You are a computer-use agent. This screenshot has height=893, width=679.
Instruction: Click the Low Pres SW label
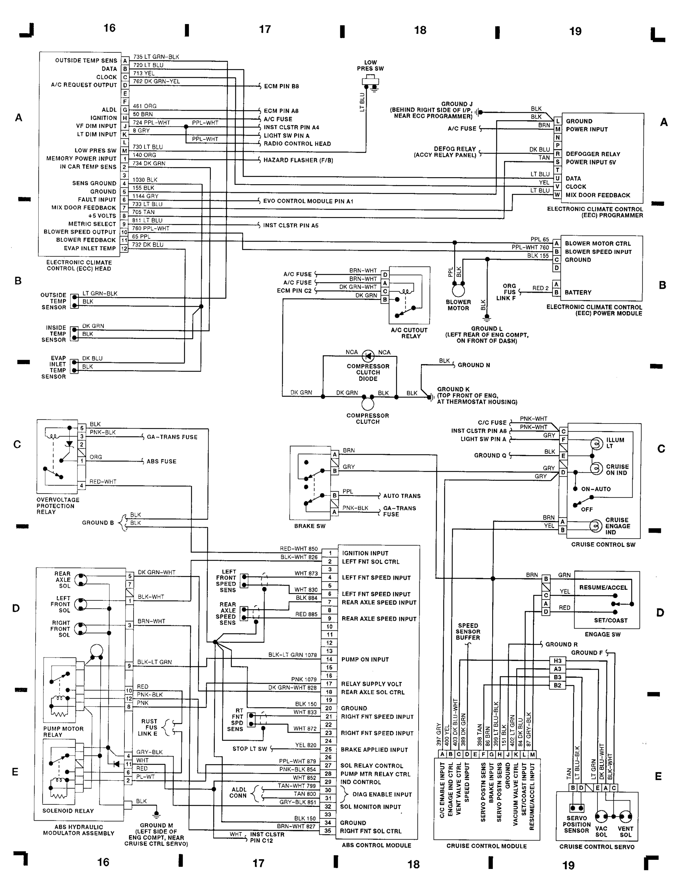[370, 66]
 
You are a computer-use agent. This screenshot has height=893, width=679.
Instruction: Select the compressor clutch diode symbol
[368, 356]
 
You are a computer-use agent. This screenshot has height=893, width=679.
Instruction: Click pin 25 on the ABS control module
[329, 749]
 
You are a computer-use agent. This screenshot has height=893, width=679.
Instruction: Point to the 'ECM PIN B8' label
[281, 86]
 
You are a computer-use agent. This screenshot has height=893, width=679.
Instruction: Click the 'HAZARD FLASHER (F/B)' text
[298, 160]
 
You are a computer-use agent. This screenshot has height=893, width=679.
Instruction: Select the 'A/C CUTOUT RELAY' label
[409, 333]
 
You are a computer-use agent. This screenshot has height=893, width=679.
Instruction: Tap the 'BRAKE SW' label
[310, 526]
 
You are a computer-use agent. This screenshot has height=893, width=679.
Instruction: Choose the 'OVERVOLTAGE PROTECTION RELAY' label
[58, 505]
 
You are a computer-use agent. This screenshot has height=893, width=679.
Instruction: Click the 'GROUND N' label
[474, 365]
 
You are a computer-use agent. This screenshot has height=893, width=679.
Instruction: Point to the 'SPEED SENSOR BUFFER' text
[468, 631]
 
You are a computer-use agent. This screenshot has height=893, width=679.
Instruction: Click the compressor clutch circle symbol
[368, 404]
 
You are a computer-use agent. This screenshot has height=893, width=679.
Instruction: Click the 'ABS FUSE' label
[161, 461]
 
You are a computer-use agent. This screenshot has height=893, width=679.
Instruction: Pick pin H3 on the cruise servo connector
[557, 660]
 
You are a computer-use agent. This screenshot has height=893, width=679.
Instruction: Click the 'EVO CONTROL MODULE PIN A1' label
[308, 201]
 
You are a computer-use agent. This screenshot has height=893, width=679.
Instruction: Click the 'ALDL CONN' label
[238, 792]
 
